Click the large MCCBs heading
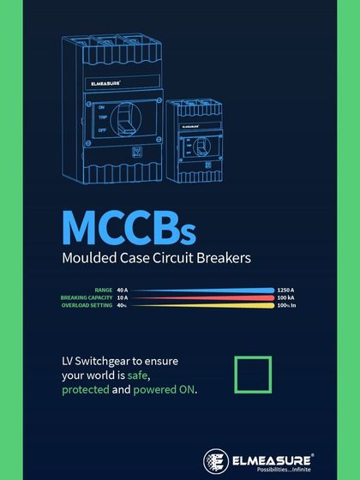pyautogui.click(x=129, y=227)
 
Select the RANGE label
pyautogui.click(x=104, y=291)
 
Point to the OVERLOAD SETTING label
pyautogui.click(x=87, y=304)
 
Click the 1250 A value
pyautogui.click(x=286, y=291)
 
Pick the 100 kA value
pyautogui.click(x=285, y=297)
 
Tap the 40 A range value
pyautogui.click(x=123, y=291)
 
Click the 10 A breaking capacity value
pyautogui.click(x=123, y=297)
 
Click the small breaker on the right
pyautogui.click(x=201, y=141)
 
